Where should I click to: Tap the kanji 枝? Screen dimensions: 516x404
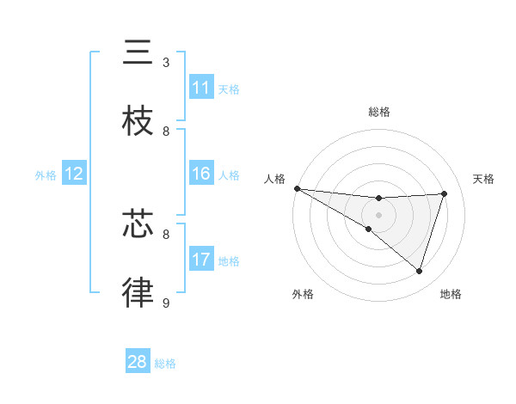click(138, 120)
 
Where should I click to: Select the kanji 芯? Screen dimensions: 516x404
click(138, 224)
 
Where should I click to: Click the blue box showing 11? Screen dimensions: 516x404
click(201, 88)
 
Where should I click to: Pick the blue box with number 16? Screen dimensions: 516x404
click(201, 174)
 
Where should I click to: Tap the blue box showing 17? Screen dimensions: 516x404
click(201, 260)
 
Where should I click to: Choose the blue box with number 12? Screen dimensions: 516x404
click(74, 174)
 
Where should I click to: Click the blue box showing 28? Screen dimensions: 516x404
click(138, 362)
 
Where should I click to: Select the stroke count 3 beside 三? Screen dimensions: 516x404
click(166, 63)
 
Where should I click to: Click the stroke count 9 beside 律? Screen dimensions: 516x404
click(166, 303)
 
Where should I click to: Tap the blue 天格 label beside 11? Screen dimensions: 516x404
click(228, 89)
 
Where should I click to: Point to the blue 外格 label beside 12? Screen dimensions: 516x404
click(46, 174)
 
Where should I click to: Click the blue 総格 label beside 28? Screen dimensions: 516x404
click(165, 363)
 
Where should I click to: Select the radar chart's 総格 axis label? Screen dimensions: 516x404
click(378, 112)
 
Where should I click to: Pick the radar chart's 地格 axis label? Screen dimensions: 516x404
click(451, 295)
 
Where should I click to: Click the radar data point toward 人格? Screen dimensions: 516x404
click(297, 188)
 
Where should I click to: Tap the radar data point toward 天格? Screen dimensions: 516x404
click(445, 193)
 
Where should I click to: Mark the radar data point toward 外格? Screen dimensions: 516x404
click(369, 229)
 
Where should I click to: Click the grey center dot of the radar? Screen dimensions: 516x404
click(378, 215)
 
